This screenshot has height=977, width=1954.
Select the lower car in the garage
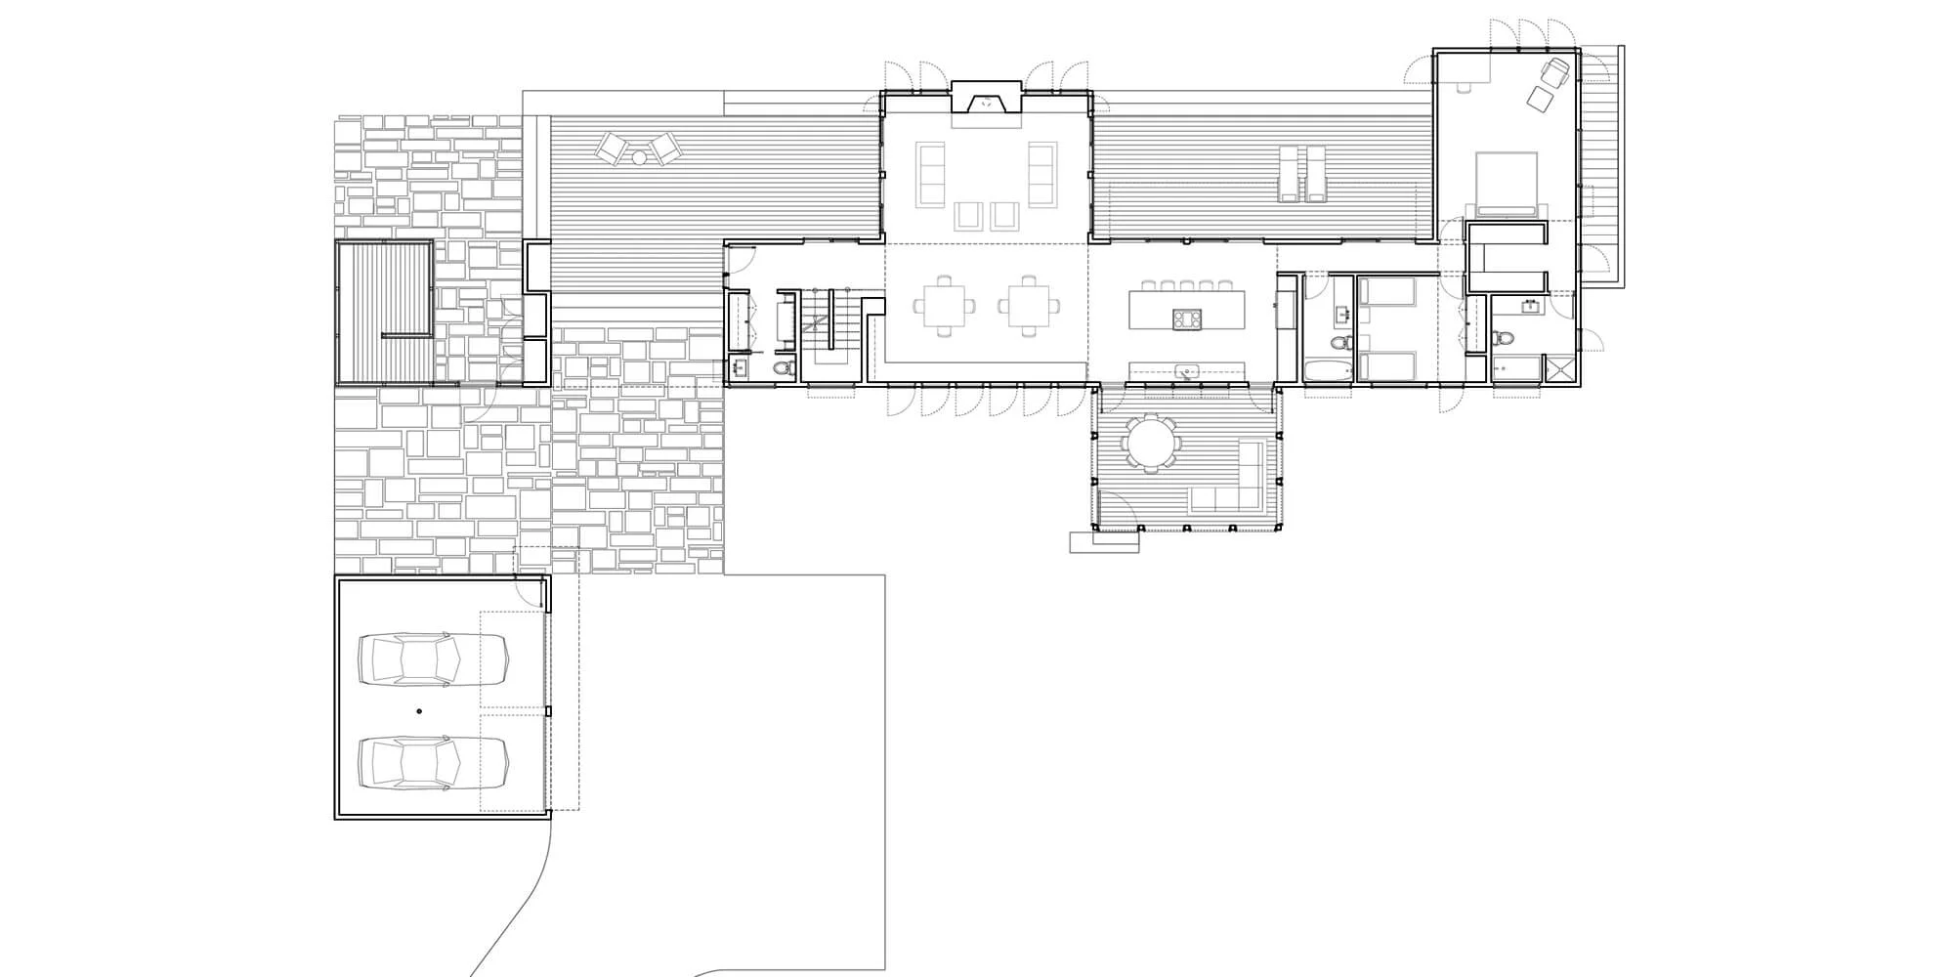coord(433,762)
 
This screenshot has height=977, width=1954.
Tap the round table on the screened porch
coord(1151,444)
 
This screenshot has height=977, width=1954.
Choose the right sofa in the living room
coord(1042,174)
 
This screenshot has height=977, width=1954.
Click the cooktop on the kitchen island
coord(1186,318)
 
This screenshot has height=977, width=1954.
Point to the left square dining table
coord(945,306)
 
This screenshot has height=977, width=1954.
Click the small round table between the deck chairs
coord(638,156)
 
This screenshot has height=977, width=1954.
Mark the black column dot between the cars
coord(419,711)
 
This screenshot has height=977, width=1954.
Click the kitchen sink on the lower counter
coord(1187,370)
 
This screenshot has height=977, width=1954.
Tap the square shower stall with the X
coord(1558,370)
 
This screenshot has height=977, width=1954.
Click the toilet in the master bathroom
coord(1505,338)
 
